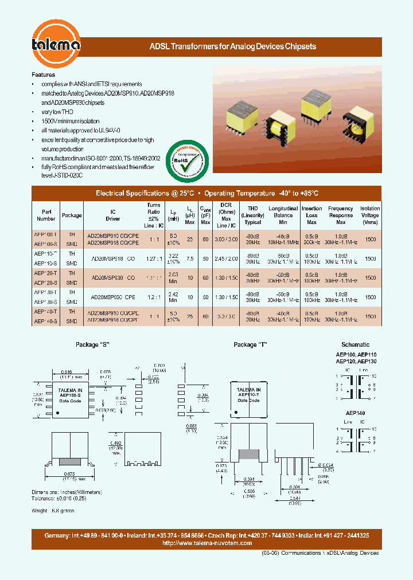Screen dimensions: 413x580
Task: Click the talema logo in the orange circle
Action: (56, 45)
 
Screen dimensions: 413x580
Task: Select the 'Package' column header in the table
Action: (72, 215)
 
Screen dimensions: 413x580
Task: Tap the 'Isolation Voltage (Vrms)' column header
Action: (370, 215)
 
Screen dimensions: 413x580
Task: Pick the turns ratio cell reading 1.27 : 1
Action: (154, 258)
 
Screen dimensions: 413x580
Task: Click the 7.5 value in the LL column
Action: (189, 258)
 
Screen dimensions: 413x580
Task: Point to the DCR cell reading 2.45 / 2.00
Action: (226, 258)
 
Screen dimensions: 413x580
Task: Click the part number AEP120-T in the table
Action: (46, 273)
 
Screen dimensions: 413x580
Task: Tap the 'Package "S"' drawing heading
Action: (92, 344)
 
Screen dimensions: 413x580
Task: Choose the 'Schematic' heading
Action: (355, 344)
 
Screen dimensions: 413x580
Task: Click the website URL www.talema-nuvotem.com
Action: (207, 543)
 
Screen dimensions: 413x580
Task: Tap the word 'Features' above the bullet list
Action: (44, 75)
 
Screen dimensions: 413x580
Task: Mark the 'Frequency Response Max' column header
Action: (341, 215)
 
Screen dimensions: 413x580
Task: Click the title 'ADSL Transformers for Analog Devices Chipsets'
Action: (232, 46)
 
